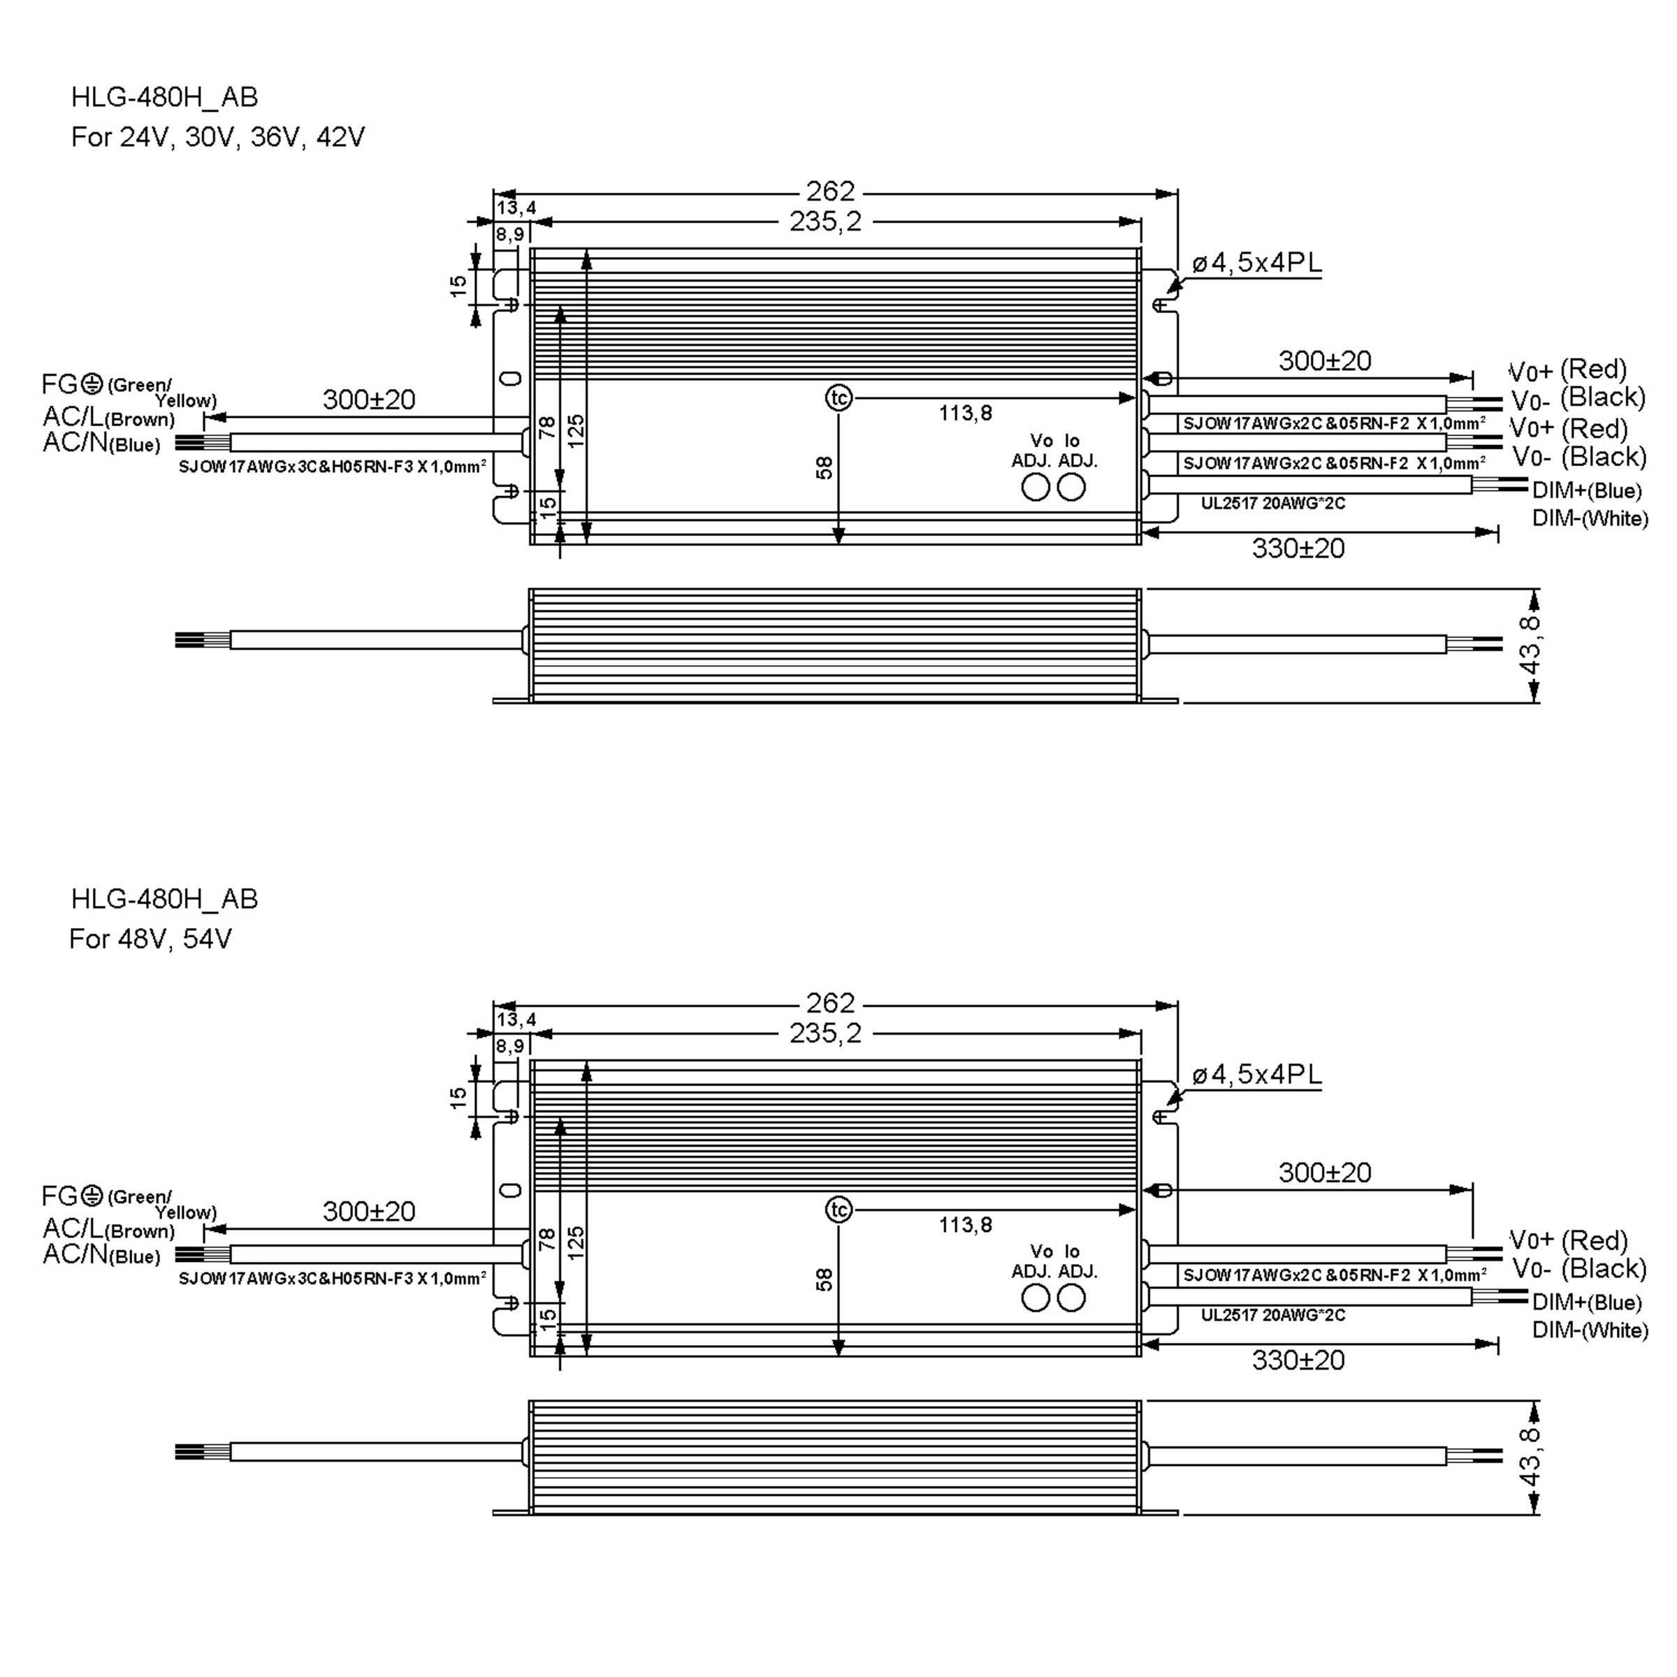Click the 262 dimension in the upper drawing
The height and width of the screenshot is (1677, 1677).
pos(831,191)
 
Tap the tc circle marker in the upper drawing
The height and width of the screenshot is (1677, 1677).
pos(838,398)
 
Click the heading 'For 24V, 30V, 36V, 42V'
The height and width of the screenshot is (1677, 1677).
pos(218,137)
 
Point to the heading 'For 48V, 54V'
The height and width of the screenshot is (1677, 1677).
pos(151,939)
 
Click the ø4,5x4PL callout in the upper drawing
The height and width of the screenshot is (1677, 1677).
pos(1257,262)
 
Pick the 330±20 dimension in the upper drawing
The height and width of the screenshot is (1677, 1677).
pos(1298,549)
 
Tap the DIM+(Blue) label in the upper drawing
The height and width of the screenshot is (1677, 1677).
pos(1587,491)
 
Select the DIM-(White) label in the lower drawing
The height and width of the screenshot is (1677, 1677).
pos(1590,1330)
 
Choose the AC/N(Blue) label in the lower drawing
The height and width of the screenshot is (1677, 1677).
pos(101,1254)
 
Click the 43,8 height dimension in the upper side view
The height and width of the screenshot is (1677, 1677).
pos(1530,645)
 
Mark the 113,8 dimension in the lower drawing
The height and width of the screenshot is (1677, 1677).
pos(965,1225)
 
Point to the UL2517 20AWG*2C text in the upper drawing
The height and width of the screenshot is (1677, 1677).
pos(1273,503)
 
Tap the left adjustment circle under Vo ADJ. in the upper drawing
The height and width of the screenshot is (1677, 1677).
pos(1036,488)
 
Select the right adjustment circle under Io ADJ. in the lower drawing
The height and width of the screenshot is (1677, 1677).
pos(1072,1298)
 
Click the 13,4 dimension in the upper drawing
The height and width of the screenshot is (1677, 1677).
pos(516,208)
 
